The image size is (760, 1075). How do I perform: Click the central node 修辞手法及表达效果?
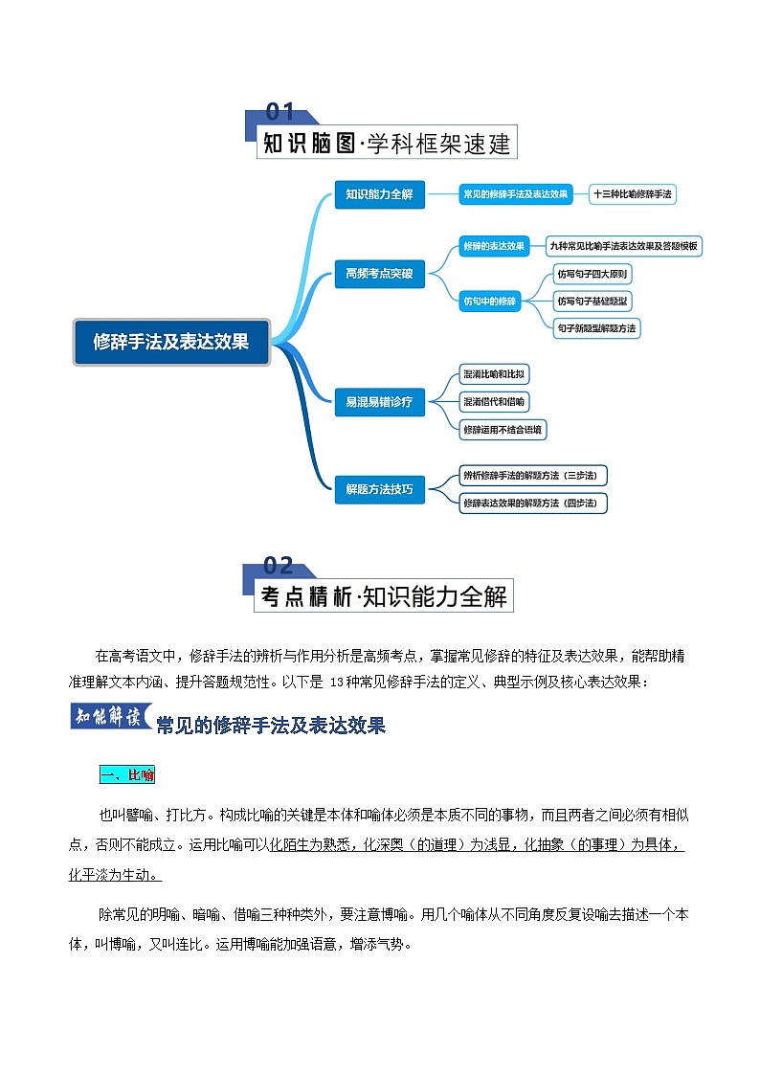[171, 342]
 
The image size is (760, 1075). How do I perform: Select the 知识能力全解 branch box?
[379, 194]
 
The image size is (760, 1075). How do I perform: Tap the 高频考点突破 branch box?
[379, 274]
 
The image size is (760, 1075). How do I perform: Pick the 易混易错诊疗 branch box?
[379, 402]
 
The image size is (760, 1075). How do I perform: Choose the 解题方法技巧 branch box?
[379, 489]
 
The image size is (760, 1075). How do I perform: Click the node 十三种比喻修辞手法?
[633, 194]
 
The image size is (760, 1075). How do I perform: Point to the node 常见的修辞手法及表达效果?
[515, 194]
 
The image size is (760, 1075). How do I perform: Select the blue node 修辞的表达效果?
[493, 246]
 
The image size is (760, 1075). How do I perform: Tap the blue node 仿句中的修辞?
[489, 301]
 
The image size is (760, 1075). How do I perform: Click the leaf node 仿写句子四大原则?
[593, 275]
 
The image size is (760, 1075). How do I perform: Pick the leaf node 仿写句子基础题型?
[593, 302]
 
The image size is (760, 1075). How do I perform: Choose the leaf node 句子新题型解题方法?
[596, 328]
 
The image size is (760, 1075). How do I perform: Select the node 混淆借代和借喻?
[494, 402]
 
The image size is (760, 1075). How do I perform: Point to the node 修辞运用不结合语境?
[503, 430]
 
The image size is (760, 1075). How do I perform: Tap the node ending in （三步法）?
[533, 476]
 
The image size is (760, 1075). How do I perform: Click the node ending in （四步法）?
[533, 503]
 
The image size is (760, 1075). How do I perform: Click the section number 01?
[279, 113]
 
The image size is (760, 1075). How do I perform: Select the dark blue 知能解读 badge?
[112, 717]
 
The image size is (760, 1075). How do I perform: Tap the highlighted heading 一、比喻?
[127, 774]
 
